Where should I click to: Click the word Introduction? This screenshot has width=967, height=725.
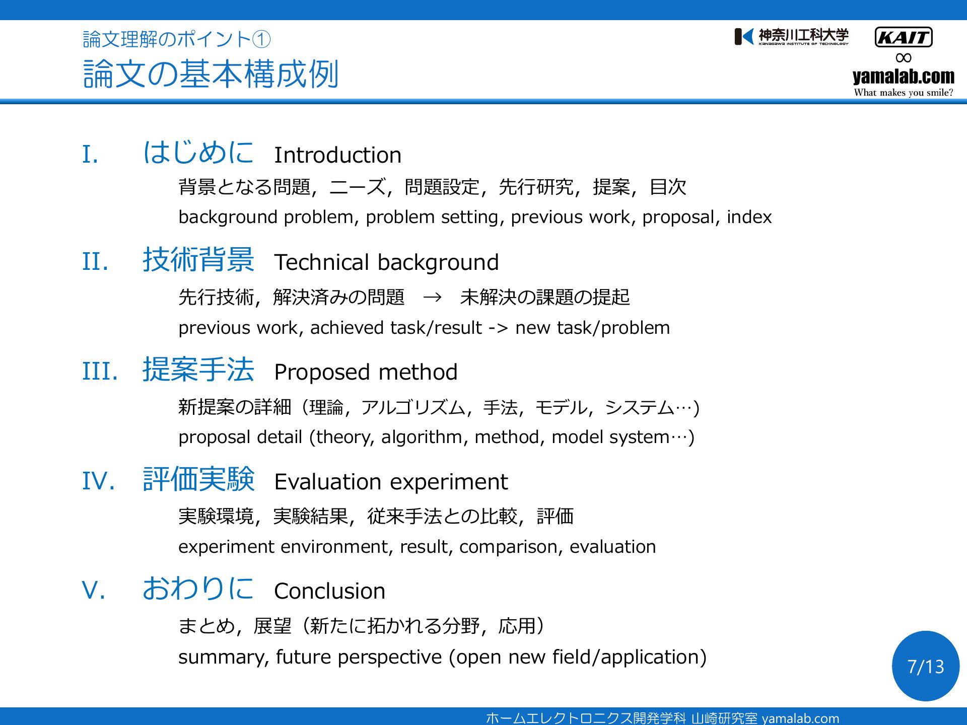(337, 155)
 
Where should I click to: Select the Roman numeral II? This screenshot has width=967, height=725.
(95, 262)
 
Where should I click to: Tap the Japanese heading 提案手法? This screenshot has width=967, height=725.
(198, 370)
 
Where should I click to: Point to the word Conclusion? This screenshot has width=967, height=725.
(329, 591)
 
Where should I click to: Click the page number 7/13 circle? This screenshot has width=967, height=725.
(926, 666)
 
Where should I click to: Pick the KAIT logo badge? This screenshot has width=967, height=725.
(904, 37)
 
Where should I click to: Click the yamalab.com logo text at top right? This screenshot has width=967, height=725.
(904, 76)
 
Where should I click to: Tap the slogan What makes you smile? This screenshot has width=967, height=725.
(904, 93)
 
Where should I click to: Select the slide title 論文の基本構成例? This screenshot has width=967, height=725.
(211, 74)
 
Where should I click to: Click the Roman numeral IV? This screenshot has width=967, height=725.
(99, 481)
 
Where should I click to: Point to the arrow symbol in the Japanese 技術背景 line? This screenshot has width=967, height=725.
(433, 297)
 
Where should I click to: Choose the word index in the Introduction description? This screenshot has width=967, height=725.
(749, 217)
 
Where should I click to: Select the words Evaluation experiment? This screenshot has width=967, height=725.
(391, 482)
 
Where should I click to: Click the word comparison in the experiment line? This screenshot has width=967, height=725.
(509, 547)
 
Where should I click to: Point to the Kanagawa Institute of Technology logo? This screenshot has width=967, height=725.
(791, 37)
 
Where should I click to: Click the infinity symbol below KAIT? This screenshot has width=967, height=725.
(904, 58)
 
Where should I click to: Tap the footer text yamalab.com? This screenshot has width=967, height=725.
(800, 718)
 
